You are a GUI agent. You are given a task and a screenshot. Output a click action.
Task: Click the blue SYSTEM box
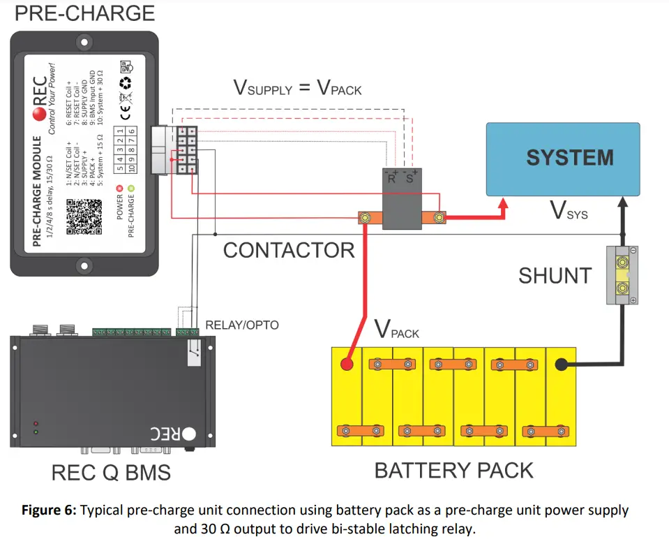tap(562, 159)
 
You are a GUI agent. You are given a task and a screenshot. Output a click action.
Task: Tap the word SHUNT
tap(555, 275)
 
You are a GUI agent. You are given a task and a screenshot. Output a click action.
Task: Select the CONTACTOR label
tap(289, 249)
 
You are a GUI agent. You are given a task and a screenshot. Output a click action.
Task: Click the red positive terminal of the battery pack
tap(347, 364)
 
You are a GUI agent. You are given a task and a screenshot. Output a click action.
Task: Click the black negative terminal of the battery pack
tap(561, 364)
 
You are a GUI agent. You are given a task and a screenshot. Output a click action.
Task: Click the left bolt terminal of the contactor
tap(364, 219)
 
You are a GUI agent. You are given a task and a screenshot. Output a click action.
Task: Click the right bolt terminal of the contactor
tap(439, 219)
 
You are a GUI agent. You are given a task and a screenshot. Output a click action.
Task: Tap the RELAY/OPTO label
tap(241, 325)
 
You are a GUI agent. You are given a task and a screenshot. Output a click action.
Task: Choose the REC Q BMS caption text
tap(111, 472)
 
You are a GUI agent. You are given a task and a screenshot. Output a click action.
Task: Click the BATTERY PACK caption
tap(453, 470)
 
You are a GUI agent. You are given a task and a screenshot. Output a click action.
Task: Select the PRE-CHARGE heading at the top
tap(84, 13)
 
